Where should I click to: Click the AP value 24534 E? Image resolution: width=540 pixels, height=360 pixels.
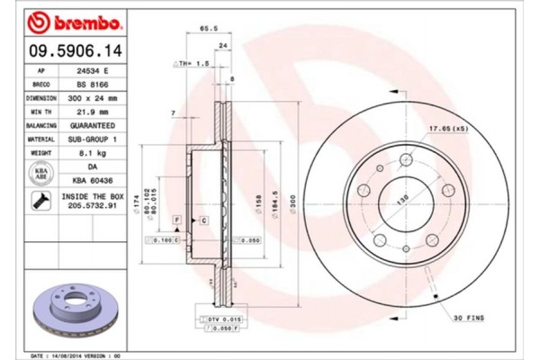94,69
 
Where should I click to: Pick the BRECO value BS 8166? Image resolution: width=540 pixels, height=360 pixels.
94,83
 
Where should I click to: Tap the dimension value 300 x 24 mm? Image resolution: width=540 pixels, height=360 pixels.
94,96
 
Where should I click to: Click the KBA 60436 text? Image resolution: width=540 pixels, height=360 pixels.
94,179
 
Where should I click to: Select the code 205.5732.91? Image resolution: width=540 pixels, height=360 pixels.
94,205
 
